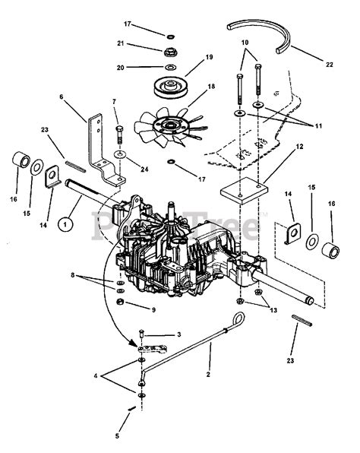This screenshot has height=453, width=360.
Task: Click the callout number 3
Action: click(x=178, y=334)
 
